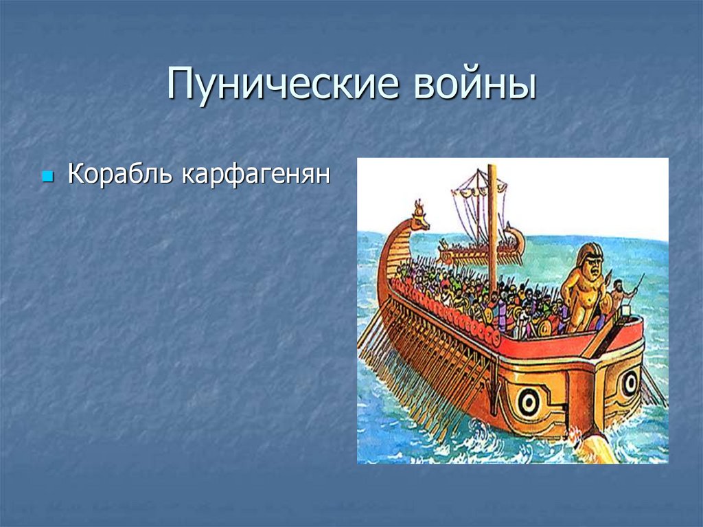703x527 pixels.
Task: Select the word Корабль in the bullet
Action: click(120, 175)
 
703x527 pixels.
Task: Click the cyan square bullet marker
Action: click(47, 177)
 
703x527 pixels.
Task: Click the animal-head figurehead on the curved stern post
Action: click(419, 216)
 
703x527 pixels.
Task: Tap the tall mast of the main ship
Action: click(492, 220)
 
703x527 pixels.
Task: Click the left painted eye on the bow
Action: click(527, 403)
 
